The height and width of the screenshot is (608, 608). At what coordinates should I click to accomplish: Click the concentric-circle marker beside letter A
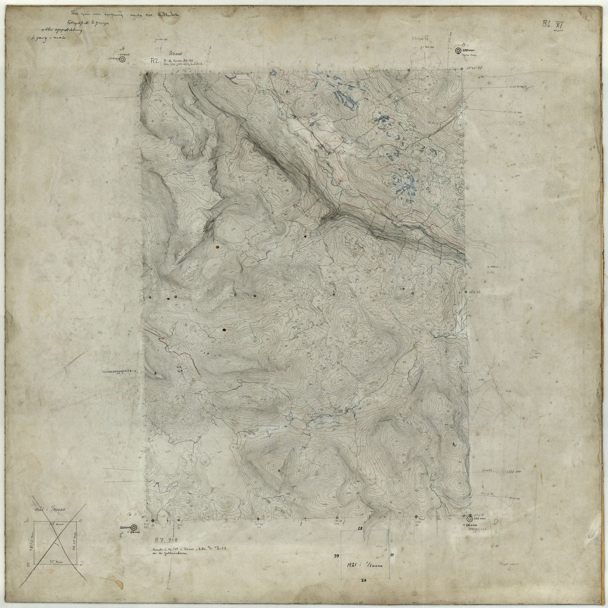click(122, 60)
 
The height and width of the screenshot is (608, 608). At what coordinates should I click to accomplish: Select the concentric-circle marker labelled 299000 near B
click(457, 50)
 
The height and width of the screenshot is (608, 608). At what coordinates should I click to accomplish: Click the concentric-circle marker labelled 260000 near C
click(134, 528)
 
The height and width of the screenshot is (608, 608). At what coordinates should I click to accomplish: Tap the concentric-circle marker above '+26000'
click(470, 519)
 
